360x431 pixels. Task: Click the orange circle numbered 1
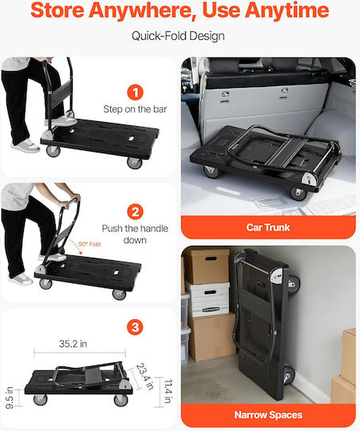pos(135,93)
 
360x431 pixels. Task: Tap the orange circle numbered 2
pos(135,212)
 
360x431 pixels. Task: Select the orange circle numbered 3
pos(135,327)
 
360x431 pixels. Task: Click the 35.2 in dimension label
pos(73,343)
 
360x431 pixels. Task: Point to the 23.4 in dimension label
pos(144,376)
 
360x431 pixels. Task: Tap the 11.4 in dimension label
pos(168,391)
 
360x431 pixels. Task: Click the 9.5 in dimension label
pos(10,397)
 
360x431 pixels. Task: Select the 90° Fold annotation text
pos(89,244)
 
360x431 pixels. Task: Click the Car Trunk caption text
pos(268,227)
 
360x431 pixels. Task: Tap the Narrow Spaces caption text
pos(268,415)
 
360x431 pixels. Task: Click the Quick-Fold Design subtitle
pos(178,36)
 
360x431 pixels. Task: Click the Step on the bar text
pos(135,109)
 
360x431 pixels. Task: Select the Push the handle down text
pos(135,234)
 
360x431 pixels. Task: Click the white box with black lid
pos(208,299)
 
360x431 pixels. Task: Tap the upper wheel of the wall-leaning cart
pos(294,285)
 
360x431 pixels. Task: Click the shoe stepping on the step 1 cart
pos(65,121)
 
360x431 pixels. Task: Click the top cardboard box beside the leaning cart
pos(207,266)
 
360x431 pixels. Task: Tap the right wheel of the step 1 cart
pos(135,163)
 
